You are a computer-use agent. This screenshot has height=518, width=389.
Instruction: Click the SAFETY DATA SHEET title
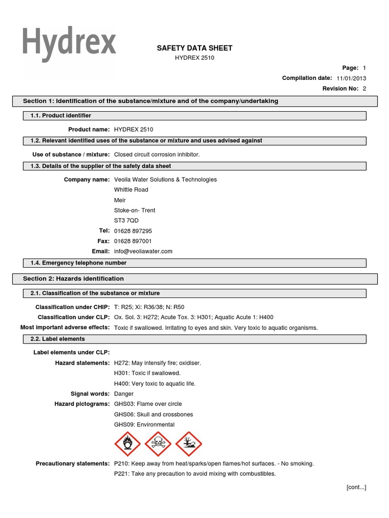[194, 48]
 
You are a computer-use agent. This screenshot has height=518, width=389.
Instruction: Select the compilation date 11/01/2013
[351, 78]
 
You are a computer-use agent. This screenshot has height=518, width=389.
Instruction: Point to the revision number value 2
[364, 89]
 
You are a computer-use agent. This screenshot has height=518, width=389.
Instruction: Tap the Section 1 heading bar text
[150, 101]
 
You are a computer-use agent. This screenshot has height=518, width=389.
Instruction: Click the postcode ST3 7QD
[126, 221]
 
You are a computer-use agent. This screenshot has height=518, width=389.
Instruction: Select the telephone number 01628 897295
[133, 231]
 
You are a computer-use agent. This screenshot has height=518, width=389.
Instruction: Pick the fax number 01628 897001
[133, 241]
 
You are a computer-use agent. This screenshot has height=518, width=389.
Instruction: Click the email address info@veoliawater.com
[143, 251]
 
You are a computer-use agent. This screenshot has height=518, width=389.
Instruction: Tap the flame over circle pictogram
[127, 444]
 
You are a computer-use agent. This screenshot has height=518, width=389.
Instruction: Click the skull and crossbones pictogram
[158, 444]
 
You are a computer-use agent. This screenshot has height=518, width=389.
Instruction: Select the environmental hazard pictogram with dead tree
[188, 444]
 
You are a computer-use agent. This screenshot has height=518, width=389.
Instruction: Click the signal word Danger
[124, 394]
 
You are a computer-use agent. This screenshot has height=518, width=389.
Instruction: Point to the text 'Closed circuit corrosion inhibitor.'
[157, 154]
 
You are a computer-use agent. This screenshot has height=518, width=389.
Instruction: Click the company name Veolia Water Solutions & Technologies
[165, 180]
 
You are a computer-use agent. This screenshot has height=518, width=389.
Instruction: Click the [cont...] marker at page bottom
[356, 487]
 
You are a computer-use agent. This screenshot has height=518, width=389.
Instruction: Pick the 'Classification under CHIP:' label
[72, 307]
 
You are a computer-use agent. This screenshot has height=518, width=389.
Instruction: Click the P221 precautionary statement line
[195, 474]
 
